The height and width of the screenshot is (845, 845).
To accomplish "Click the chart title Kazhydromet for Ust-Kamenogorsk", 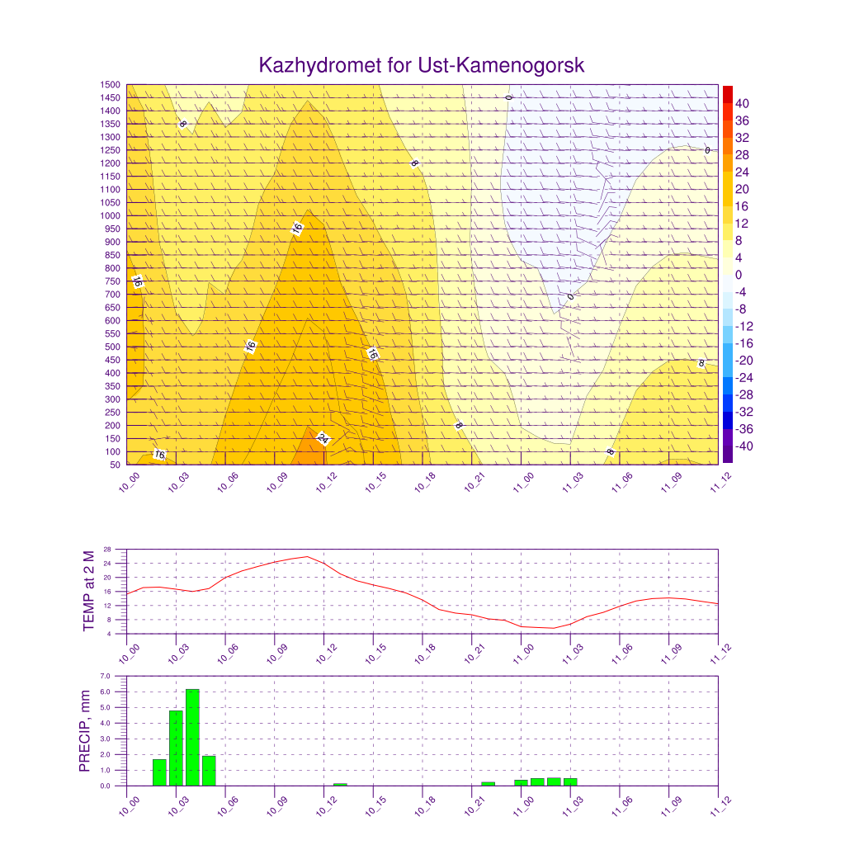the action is point(422,65).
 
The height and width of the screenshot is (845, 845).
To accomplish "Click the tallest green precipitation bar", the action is point(192,737).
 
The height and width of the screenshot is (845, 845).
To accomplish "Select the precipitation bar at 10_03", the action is point(177,748).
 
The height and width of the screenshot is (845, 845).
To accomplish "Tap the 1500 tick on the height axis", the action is point(110,85).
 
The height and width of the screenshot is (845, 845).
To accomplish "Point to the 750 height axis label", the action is point(112,281).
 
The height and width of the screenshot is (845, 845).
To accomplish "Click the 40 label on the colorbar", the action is point(742,103).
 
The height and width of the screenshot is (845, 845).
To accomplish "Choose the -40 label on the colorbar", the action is point(744,446).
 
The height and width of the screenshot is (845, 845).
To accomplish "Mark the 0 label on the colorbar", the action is point(739,275).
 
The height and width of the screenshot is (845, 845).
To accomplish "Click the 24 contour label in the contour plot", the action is point(323,438).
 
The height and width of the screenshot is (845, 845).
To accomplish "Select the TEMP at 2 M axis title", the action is point(89,591).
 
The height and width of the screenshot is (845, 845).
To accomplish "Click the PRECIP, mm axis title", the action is point(85,731).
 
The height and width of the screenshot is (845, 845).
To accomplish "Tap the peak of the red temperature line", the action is point(307,557).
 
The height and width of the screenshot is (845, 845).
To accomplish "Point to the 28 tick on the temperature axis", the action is point(107,549).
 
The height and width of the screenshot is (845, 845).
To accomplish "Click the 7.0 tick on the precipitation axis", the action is point(105,676).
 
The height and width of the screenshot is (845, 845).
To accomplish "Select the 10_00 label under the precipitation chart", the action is point(129,806).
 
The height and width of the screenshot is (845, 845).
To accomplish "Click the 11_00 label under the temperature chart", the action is point(523,654).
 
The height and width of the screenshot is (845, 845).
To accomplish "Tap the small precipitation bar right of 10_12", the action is point(340,785).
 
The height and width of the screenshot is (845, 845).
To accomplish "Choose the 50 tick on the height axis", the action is point(115,465).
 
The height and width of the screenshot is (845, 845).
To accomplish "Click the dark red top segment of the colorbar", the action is point(728,94).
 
